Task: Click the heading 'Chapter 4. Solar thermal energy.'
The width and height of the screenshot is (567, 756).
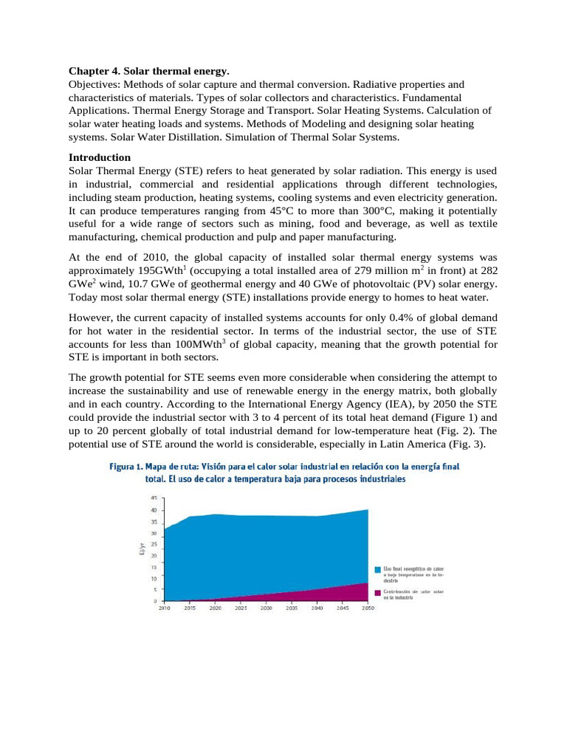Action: coord(149,71)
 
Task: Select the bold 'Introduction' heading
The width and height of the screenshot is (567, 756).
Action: coord(100,157)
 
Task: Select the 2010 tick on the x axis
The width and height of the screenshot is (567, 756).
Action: coord(165,609)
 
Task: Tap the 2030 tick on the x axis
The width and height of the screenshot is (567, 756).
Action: coord(267,609)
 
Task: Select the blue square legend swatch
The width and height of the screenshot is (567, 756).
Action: coord(377,569)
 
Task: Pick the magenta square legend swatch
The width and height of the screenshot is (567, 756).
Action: coord(377,592)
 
